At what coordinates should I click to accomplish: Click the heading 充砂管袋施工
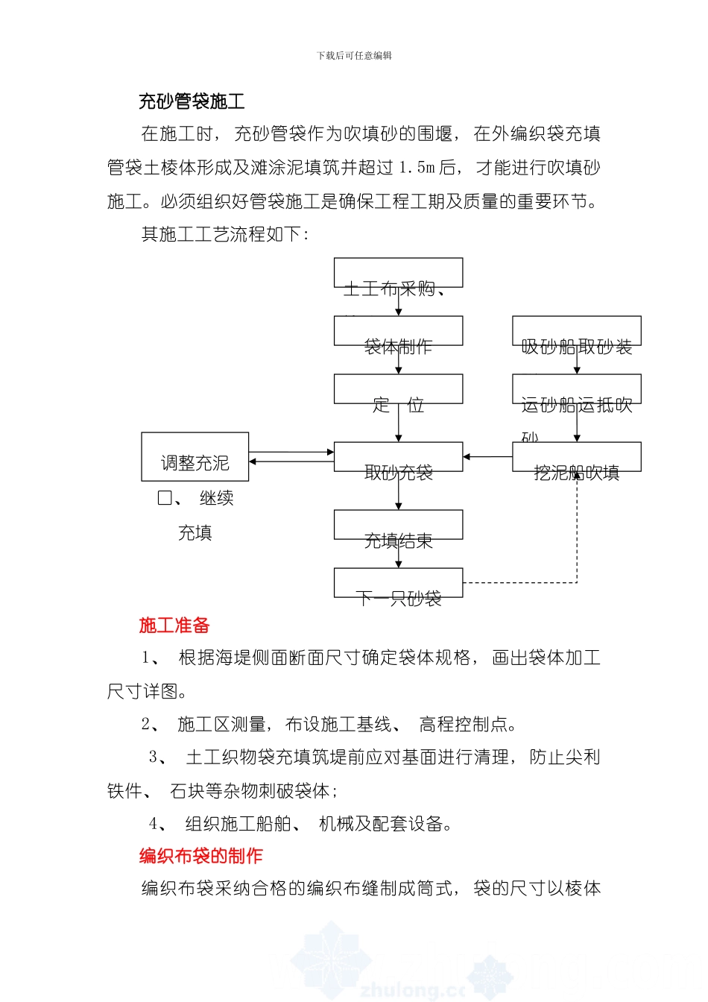pyautogui.click(x=192, y=101)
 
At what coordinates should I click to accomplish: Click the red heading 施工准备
pyautogui.click(x=174, y=626)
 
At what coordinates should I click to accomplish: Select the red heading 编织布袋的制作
pyautogui.click(x=200, y=856)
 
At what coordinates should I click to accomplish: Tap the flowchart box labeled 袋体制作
pyautogui.click(x=398, y=331)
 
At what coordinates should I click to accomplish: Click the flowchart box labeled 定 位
pyautogui.click(x=398, y=389)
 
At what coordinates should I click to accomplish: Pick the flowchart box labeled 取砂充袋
pyautogui.click(x=398, y=457)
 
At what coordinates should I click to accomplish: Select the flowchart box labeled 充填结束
pyautogui.click(x=398, y=525)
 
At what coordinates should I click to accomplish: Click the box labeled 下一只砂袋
pyautogui.click(x=398, y=583)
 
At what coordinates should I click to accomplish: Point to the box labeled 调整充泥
pyautogui.click(x=195, y=457)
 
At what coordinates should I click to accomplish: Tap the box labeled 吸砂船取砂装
pyautogui.click(x=576, y=331)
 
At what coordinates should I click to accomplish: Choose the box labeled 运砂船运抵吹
pyautogui.click(x=576, y=389)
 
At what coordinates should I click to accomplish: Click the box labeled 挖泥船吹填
pyautogui.click(x=576, y=457)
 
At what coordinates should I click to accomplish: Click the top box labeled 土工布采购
pyautogui.click(x=398, y=273)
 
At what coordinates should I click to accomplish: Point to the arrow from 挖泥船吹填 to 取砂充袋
pyautogui.click(x=487, y=457)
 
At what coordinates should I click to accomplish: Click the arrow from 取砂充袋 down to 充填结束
pyautogui.click(x=399, y=491)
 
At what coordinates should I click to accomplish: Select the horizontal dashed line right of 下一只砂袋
pyautogui.click(x=519, y=583)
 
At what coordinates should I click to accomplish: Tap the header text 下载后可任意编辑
pyautogui.click(x=354, y=55)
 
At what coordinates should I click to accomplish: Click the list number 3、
pyautogui.click(x=157, y=757)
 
